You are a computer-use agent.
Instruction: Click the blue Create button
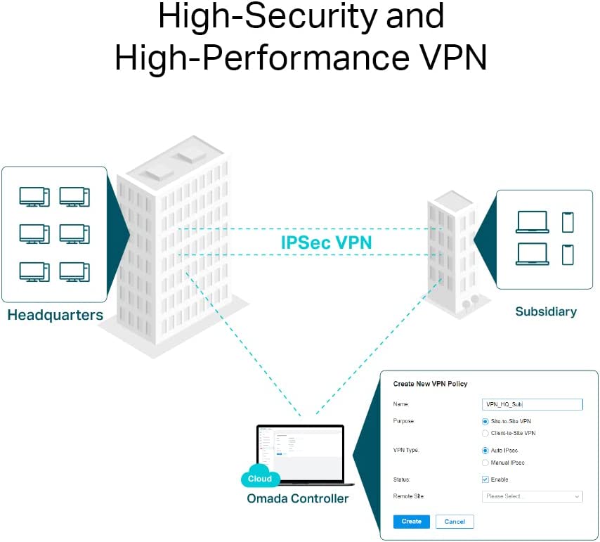[411, 522]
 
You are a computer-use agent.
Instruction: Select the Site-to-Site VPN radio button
[485, 421]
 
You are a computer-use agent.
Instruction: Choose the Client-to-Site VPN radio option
[485, 433]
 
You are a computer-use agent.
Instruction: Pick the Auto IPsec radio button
[485, 450]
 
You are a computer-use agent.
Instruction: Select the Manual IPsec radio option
[485, 463]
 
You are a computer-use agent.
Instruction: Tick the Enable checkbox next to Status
[485, 479]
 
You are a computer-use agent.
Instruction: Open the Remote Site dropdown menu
[533, 496]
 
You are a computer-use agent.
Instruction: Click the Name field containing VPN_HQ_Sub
[533, 404]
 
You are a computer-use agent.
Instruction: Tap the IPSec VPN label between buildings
[326, 243]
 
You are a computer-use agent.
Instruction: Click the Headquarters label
[55, 315]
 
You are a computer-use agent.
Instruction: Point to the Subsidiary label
[545, 311]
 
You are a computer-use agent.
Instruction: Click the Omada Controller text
[297, 498]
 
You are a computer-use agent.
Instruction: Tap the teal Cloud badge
[260, 479]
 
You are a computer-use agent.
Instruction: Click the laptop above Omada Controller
[301, 453]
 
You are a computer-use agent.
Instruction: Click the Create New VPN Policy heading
[430, 384]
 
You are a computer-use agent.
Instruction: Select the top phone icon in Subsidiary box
[568, 222]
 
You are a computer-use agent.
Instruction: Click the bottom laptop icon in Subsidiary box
[532, 254]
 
